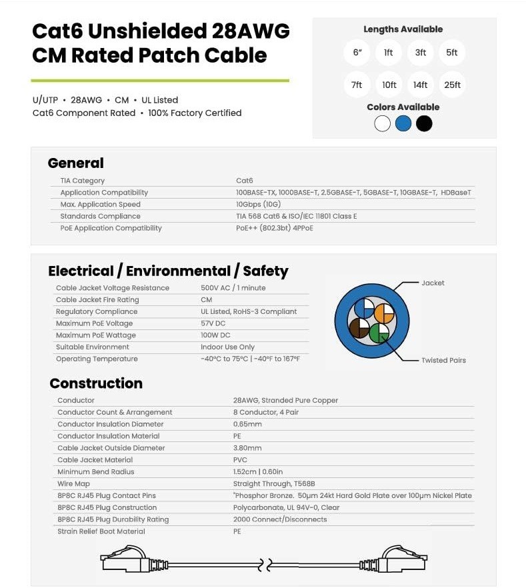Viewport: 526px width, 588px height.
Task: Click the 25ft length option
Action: [x=452, y=85]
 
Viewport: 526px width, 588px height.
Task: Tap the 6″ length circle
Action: [x=357, y=53]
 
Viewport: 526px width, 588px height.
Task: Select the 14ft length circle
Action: [x=420, y=85]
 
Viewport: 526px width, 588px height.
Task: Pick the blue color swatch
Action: [x=403, y=123]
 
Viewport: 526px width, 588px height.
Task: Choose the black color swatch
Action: [x=424, y=123]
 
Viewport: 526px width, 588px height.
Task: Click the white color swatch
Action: [x=382, y=123]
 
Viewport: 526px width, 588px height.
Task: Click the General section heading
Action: [x=75, y=163]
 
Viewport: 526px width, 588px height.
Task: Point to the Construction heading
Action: [x=96, y=383]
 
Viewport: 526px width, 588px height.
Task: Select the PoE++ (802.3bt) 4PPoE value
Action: [x=274, y=228]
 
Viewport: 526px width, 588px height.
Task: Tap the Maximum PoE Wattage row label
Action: [x=95, y=335]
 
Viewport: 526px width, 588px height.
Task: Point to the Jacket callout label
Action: [x=433, y=283]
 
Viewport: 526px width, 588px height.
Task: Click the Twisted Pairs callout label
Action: [x=443, y=360]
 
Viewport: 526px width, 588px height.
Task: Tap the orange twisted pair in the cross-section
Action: [x=385, y=312]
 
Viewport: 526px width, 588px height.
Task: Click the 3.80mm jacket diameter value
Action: [x=247, y=448]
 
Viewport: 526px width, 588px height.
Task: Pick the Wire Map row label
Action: [x=73, y=483]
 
